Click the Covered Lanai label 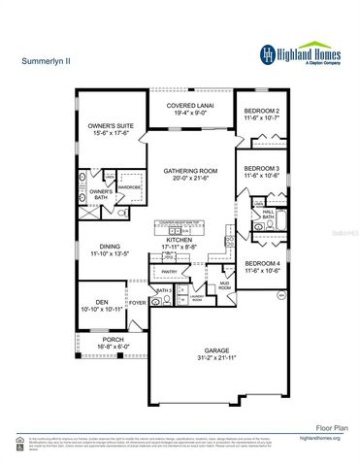point(189,105)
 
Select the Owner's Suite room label point(109,126)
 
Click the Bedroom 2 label point(262,111)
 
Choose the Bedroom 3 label point(262,169)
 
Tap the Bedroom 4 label point(262,264)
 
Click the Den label point(101,301)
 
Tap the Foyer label point(139,302)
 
